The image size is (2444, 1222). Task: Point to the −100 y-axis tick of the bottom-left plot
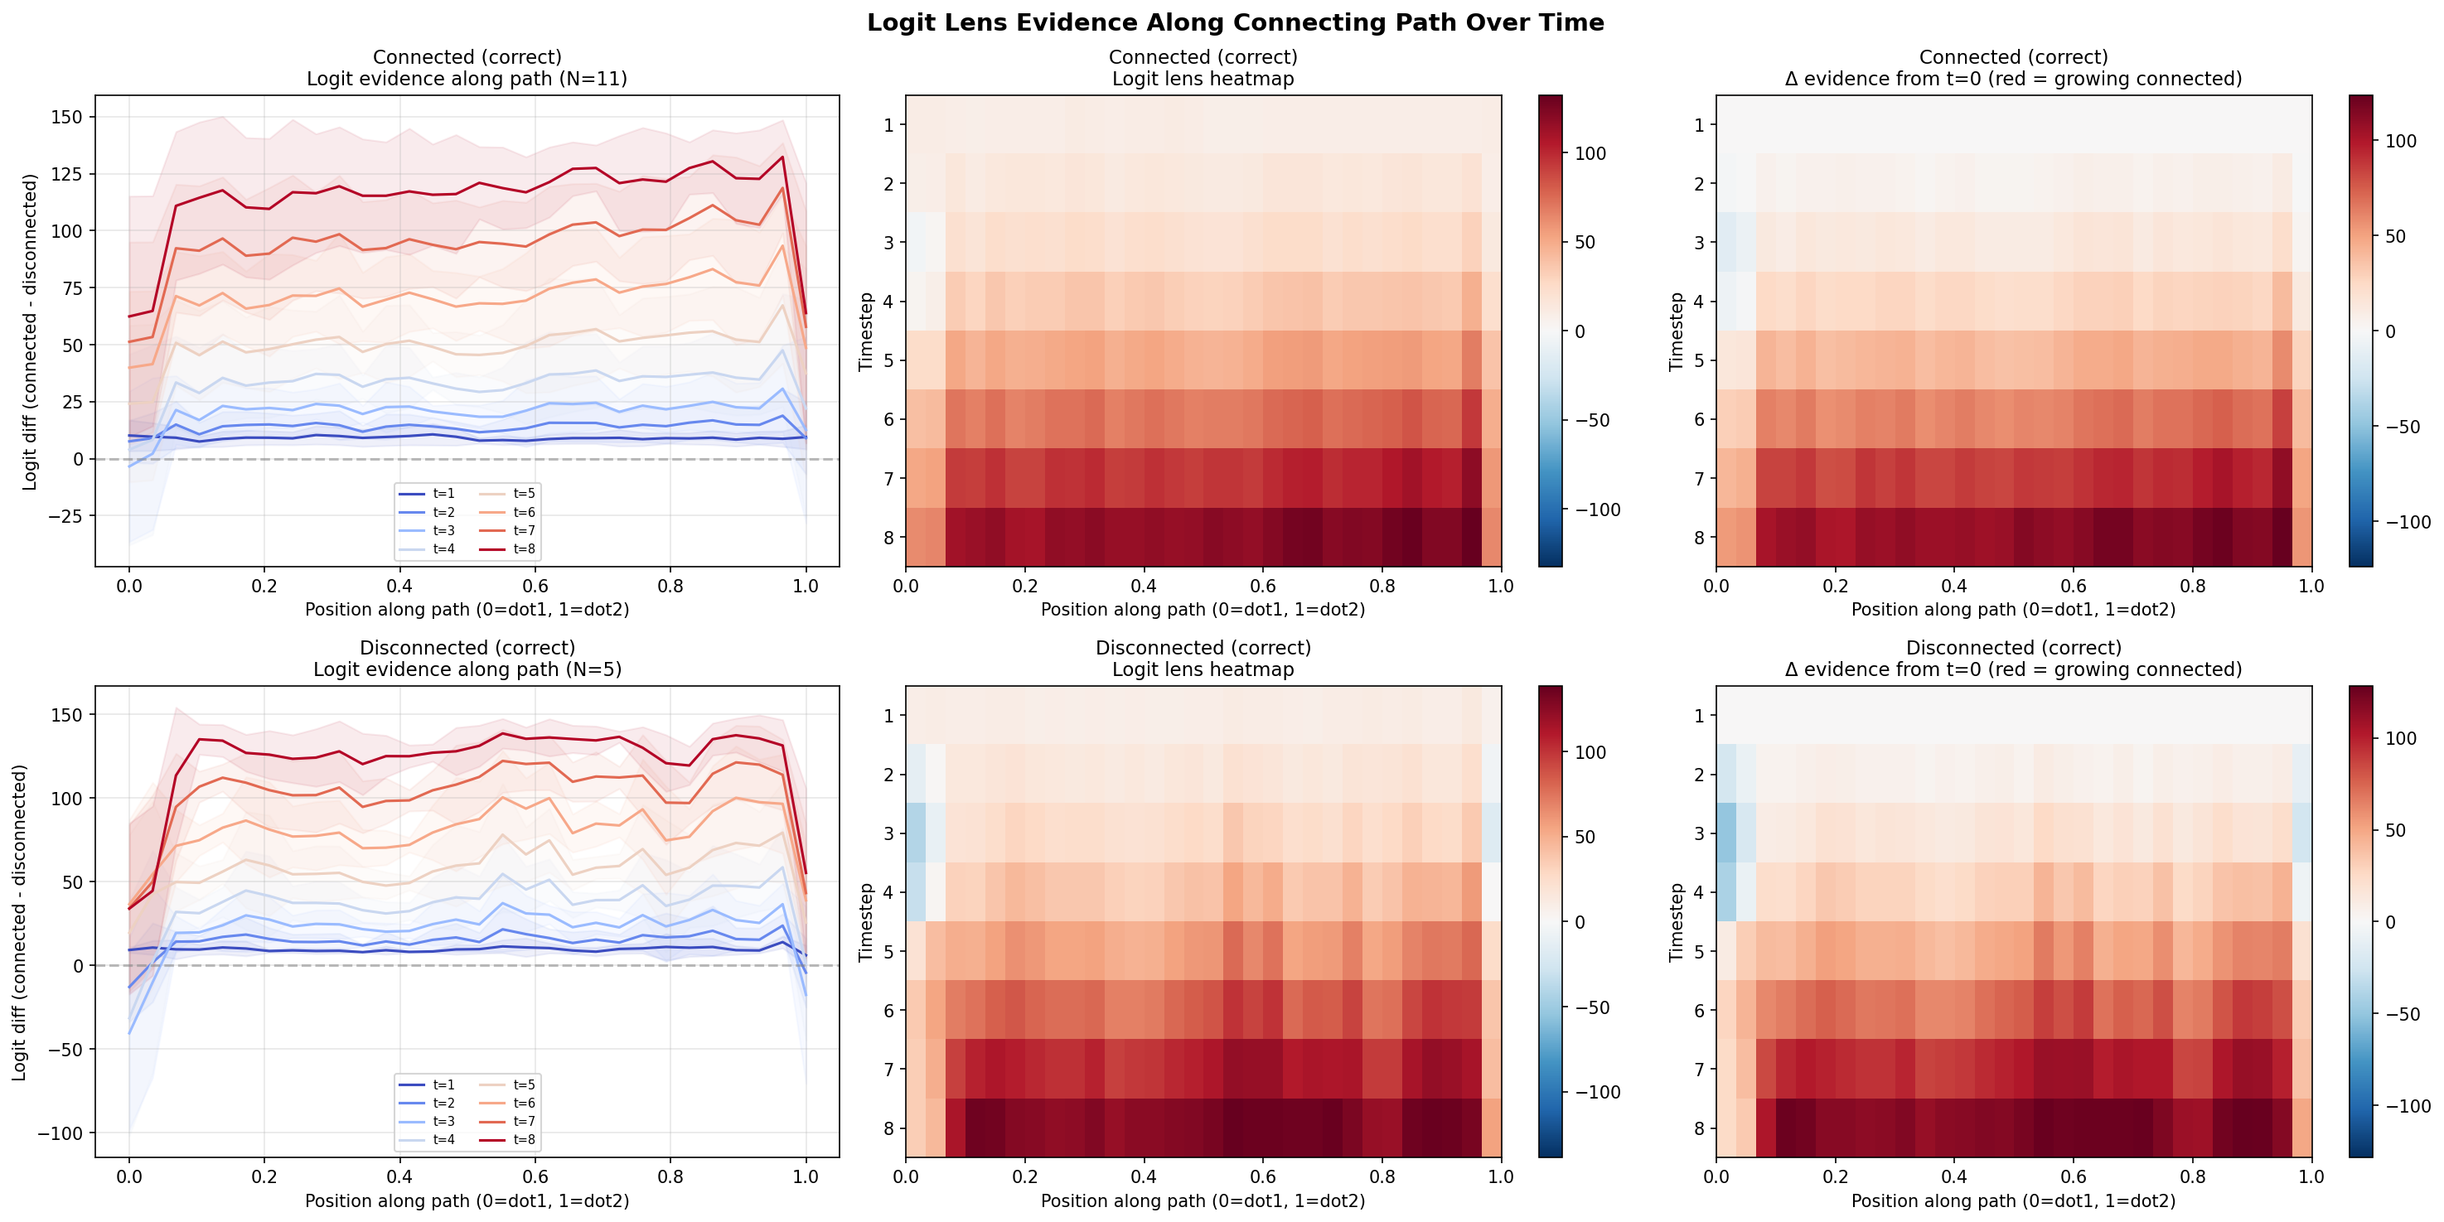coord(60,1133)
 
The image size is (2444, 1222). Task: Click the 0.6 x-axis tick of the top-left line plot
coord(535,587)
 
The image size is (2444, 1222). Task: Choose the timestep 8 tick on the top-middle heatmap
coord(889,538)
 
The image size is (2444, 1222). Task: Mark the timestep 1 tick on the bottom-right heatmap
coord(1699,715)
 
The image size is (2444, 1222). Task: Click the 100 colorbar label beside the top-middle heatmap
coord(1590,154)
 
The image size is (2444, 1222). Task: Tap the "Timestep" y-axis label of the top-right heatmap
coord(1677,331)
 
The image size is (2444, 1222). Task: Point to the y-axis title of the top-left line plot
coord(31,331)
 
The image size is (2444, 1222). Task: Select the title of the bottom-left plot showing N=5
coord(467,659)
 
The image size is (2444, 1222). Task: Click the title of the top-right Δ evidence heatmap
coord(2013,67)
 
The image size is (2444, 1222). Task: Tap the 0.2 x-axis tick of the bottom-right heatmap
coord(1835,1177)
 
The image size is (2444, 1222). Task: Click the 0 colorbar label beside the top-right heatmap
coord(2390,331)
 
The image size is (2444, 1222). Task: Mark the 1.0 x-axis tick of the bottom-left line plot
coord(806,1177)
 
